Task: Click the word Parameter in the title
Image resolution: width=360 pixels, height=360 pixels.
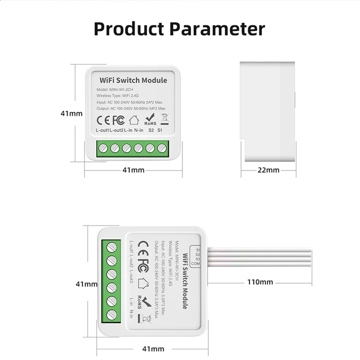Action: click(x=220, y=28)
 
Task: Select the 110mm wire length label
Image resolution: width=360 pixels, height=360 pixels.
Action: click(x=260, y=282)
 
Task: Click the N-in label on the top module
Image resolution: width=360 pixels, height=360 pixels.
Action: click(x=138, y=130)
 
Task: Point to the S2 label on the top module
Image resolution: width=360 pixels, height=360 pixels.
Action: click(x=151, y=130)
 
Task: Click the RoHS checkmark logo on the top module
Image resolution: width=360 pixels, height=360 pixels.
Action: click(x=150, y=119)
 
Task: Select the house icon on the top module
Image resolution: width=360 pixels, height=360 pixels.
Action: click(x=134, y=120)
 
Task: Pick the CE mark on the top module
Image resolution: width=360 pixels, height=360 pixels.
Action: click(x=103, y=120)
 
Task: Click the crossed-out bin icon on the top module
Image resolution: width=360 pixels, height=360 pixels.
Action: click(x=164, y=119)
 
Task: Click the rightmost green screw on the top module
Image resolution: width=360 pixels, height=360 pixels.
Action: click(x=160, y=148)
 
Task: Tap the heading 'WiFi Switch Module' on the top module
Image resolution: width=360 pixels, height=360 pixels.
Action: click(x=133, y=81)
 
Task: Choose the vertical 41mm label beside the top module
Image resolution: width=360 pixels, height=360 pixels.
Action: click(x=72, y=113)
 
